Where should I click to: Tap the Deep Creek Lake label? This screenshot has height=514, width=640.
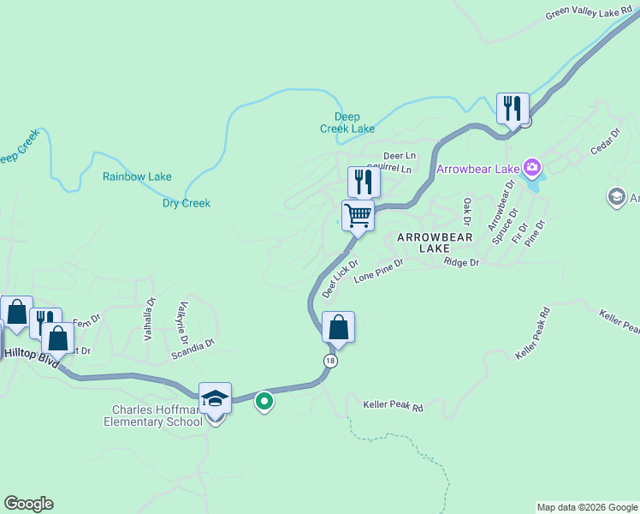click(347, 123)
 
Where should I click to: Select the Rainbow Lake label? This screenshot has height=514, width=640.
click(137, 176)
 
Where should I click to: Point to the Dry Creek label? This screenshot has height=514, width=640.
click(187, 203)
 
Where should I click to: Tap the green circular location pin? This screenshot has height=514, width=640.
click(265, 400)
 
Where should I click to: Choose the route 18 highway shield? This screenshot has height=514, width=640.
click(330, 361)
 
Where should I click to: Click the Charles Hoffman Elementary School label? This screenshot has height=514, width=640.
click(153, 415)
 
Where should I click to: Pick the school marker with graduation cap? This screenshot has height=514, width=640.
click(216, 398)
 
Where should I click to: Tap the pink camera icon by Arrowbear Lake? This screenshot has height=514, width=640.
click(532, 166)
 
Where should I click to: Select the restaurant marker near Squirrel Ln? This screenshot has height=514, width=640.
click(364, 181)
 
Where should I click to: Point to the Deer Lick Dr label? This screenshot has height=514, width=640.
click(339, 279)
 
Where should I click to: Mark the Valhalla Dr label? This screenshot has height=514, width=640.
click(149, 320)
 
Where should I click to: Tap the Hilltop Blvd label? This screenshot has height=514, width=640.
click(31, 357)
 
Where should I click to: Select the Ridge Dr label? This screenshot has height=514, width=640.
click(461, 262)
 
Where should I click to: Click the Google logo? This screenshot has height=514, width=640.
click(28, 504)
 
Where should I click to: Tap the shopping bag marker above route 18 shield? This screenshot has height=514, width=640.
click(339, 327)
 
